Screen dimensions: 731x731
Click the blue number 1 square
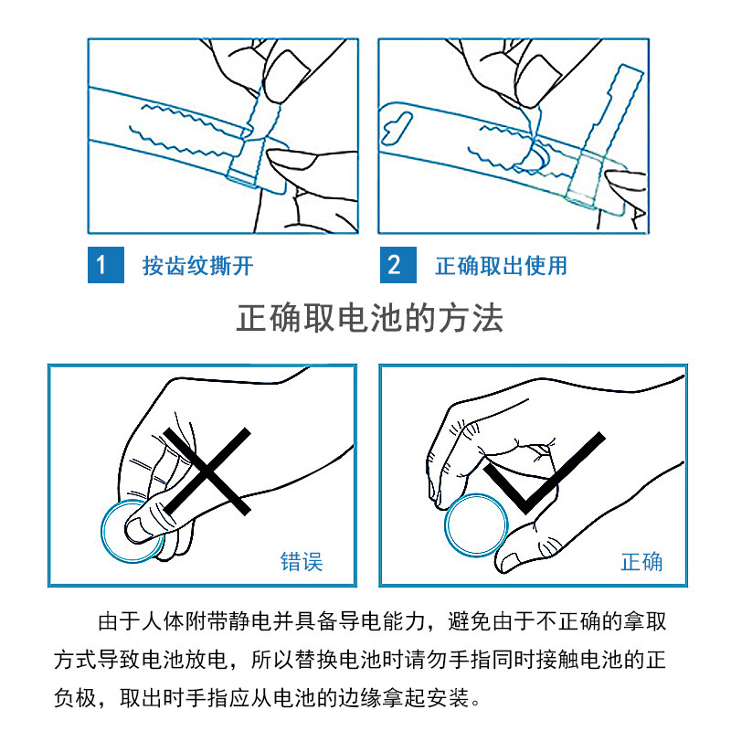coord(106,265)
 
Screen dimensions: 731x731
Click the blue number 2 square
coord(398,265)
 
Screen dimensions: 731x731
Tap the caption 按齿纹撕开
coord(198,266)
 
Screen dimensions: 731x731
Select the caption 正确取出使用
coord(501,266)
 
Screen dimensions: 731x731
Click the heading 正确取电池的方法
coord(370,318)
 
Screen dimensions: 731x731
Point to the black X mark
coord(207,471)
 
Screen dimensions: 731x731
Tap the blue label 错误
coord(302,561)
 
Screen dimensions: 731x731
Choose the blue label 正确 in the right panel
coord(641,561)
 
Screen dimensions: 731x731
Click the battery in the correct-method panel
coord(476,524)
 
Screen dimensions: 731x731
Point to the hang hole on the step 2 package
coord(397,128)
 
